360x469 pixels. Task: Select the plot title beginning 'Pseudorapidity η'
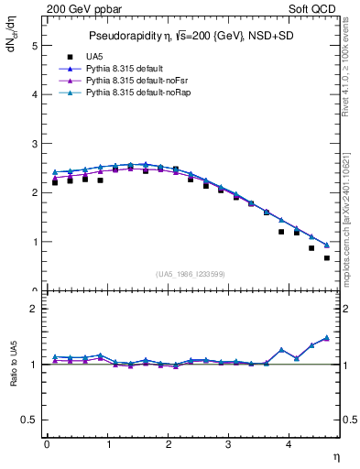point(191,37)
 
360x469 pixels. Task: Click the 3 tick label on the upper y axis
point(34,144)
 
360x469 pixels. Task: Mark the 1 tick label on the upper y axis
point(34,243)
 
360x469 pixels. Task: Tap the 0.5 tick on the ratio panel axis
point(29,420)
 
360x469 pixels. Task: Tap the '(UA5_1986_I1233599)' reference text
point(191,274)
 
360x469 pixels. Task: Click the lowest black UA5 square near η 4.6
point(327,257)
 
